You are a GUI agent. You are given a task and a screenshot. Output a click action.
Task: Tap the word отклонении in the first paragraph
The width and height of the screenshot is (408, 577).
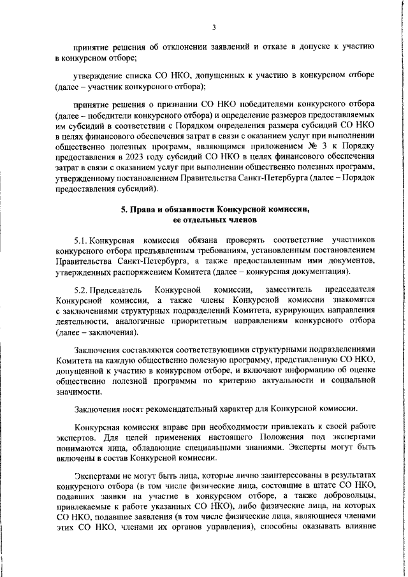[168, 46]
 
